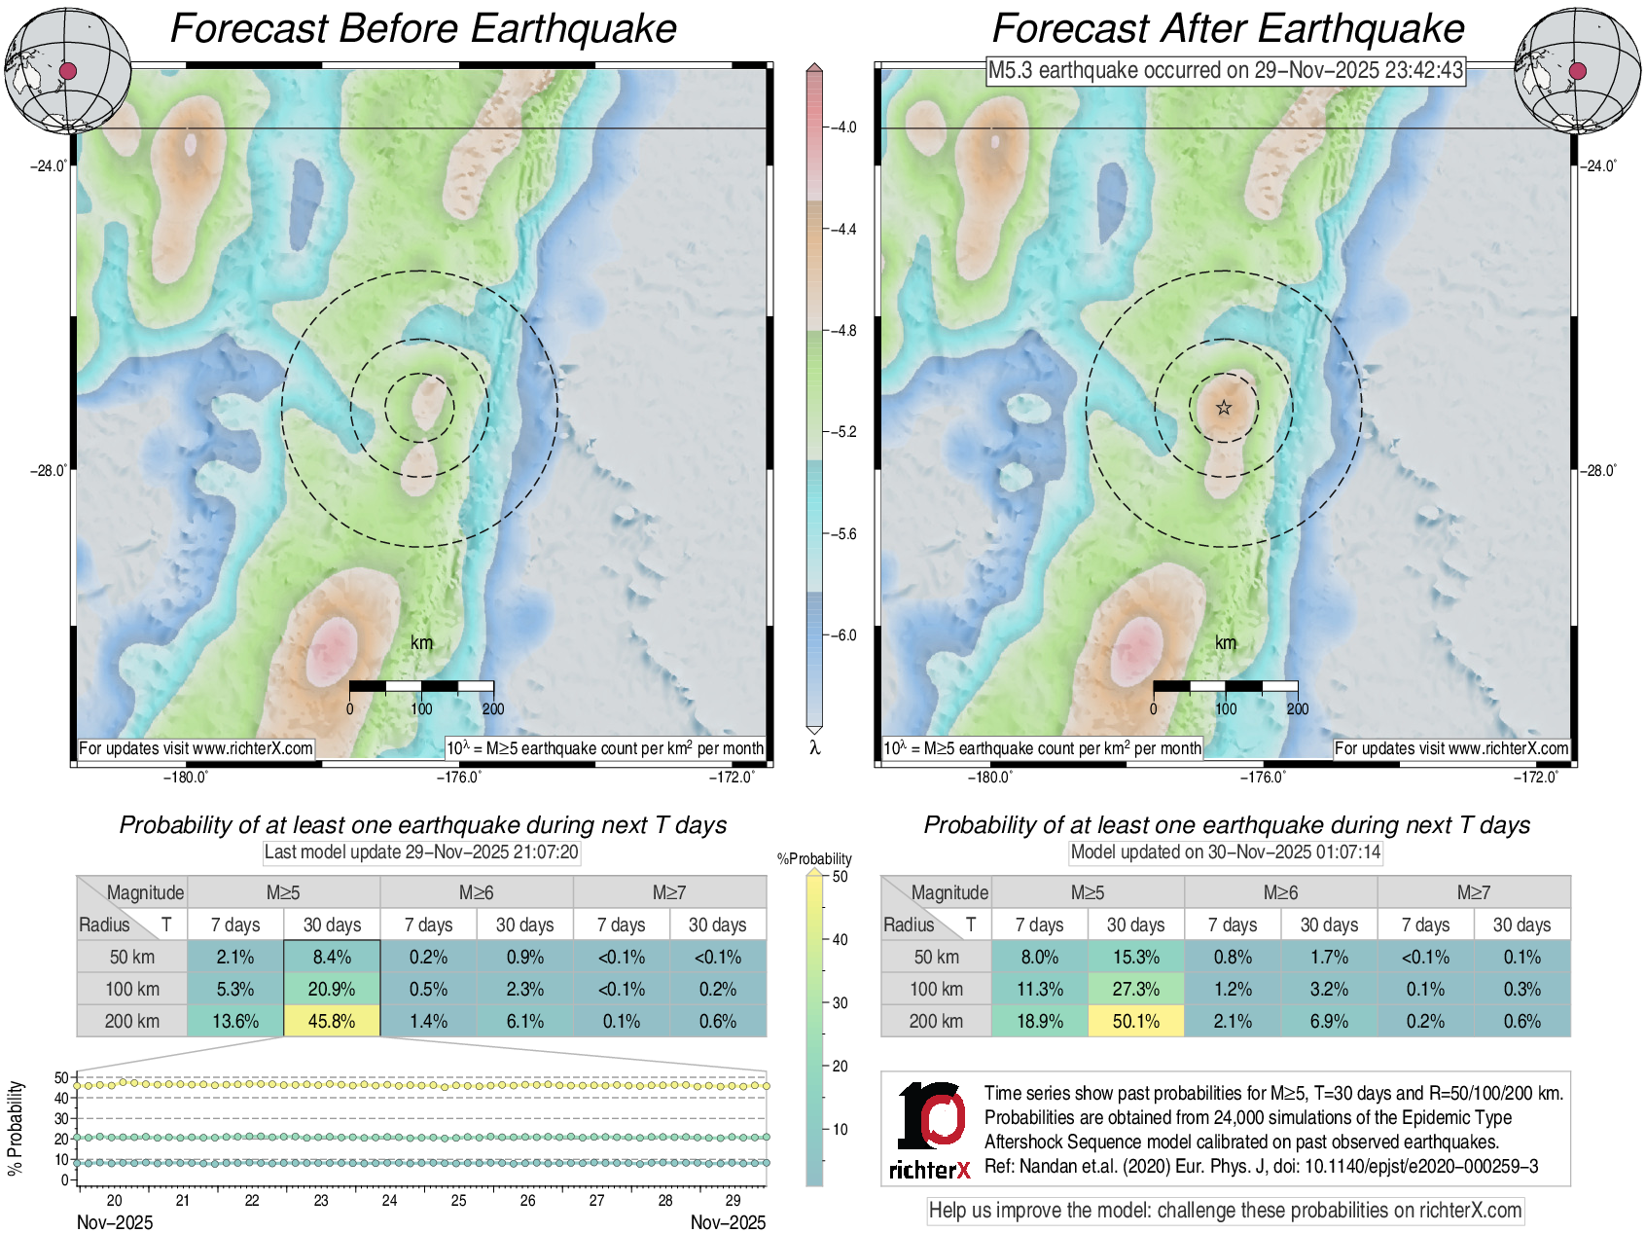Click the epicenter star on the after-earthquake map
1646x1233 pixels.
(x=1224, y=408)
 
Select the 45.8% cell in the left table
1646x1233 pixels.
(x=332, y=1021)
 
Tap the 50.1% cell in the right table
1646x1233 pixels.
(x=1135, y=1021)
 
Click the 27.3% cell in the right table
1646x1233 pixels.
(x=1135, y=989)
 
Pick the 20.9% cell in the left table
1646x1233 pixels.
(x=332, y=989)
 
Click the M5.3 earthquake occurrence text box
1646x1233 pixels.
(x=1225, y=70)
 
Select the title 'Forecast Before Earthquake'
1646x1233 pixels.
(x=423, y=28)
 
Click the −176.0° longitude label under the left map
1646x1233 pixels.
(x=458, y=777)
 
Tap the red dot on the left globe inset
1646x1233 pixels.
(x=67, y=70)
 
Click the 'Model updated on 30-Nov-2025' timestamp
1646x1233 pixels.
(x=1225, y=852)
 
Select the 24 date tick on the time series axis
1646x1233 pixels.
(x=389, y=1200)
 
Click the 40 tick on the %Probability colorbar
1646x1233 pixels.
(x=840, y=939)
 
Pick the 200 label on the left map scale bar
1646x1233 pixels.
(x=493, y=708)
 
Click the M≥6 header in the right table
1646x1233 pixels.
(x=1280, y=892)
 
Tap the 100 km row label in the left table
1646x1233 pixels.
(x=132, y=989)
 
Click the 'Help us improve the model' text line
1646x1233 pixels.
(x=1225, y=1211)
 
